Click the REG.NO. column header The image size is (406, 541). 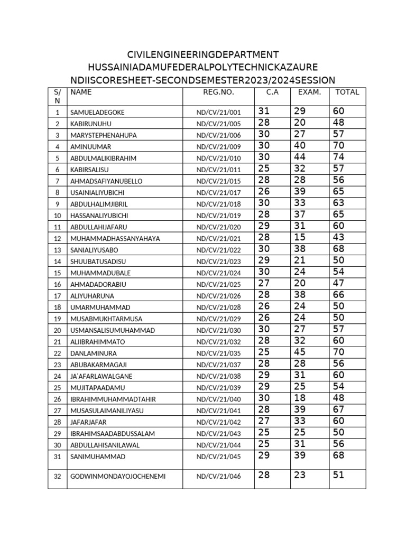218,92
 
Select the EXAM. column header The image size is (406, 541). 309,92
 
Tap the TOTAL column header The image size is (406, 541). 347,92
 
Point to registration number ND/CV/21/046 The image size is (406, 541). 218,477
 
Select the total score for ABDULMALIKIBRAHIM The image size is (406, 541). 339,157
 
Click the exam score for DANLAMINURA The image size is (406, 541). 300,352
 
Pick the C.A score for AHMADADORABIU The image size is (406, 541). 264,283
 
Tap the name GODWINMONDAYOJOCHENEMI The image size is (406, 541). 118,477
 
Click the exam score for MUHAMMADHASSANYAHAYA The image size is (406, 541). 300,237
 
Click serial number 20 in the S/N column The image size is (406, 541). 58,331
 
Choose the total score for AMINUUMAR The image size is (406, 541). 339,145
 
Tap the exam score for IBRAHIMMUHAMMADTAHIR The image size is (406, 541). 300,398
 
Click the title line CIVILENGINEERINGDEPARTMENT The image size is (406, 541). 203,55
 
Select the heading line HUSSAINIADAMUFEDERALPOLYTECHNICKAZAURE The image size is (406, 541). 203,68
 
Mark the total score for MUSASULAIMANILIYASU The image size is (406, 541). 339,409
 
